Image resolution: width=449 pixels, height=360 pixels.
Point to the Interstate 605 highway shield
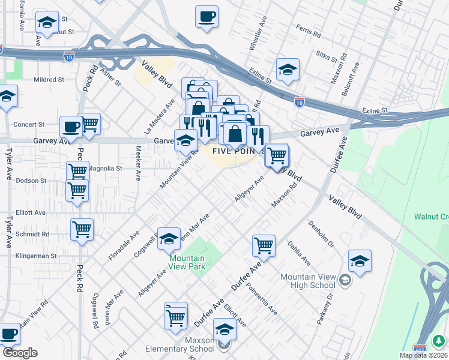420,348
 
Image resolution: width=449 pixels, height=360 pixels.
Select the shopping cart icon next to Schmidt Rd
82,229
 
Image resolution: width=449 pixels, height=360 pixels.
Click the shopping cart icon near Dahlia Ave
264,245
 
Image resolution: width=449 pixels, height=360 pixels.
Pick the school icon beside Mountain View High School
360,261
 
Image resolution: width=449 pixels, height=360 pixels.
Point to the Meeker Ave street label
138,163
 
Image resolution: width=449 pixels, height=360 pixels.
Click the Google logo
19,353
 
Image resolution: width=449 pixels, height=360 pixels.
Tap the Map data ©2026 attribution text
423,355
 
